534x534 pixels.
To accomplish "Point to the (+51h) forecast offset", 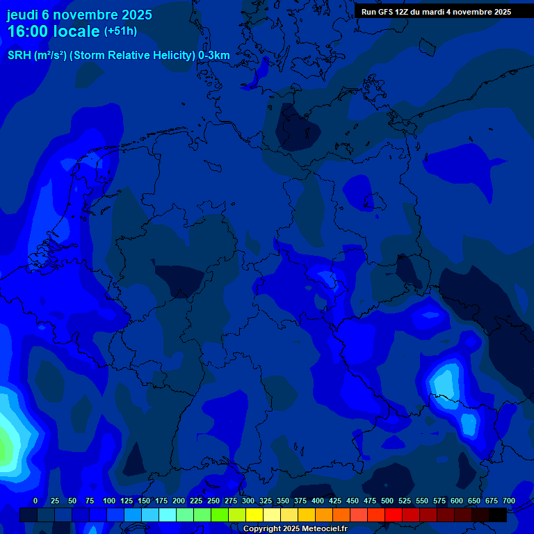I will (120, 31).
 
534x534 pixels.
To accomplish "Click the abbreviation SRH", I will (19, 56).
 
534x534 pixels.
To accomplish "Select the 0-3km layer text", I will (214, 56).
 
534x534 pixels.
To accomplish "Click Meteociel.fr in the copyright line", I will (319, 529).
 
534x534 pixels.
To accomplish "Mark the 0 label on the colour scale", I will (35, 501).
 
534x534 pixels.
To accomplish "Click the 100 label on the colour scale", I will (109, 501).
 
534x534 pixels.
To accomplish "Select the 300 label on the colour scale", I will (248, 501).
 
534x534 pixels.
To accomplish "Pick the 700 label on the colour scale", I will (509, 501).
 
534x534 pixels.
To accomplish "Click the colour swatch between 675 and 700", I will (498, 515).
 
